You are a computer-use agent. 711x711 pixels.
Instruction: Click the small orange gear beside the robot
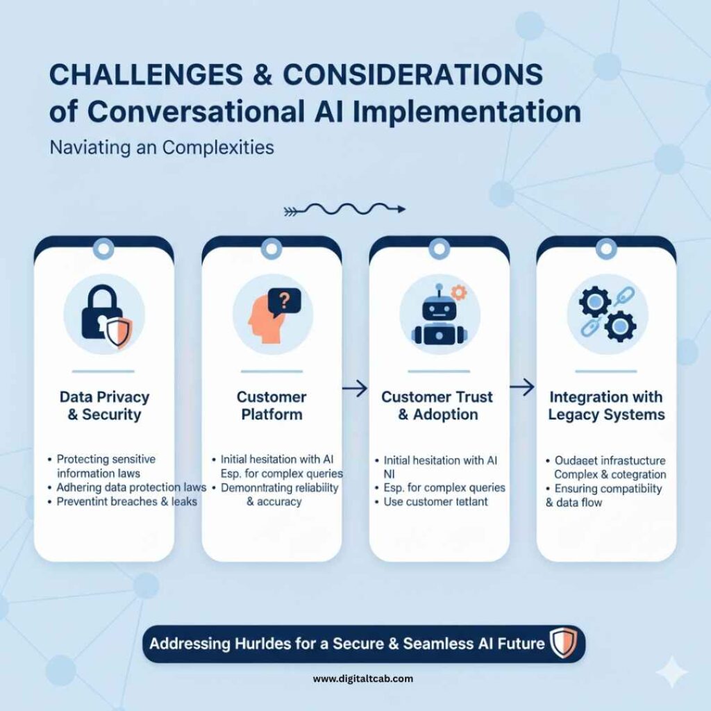(459, 292)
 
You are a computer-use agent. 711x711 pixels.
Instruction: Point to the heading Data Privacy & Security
(104, 406)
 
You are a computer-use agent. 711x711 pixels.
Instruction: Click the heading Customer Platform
(271, 405)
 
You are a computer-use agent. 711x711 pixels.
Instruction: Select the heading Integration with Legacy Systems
(605, 406)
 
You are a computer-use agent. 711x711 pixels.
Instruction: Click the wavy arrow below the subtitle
(344, 208)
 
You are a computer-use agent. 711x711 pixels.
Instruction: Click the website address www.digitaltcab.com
(363, 678)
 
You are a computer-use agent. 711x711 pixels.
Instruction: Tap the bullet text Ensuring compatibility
(608, 488)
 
